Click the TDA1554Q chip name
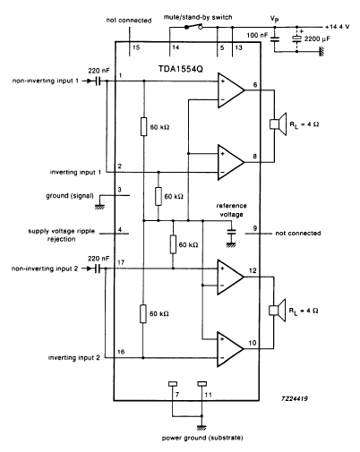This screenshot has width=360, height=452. coord(181,69)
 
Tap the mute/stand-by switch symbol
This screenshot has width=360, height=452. coord(193,27)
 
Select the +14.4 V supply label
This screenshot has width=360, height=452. coord(338,27)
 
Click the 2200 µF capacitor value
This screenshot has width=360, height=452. coord(317,38)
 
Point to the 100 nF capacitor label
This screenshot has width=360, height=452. coord(257,35)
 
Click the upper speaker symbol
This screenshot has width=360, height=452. coord(279,124)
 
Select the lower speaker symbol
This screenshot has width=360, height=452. coord(278,311)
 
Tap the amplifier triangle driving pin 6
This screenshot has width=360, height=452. coord(231,90)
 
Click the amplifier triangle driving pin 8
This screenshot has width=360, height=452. coord(231,162)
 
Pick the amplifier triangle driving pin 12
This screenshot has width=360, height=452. coord(230,277)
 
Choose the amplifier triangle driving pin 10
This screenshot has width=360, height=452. coord(230,349)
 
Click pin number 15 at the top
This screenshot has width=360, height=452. coord(136,47)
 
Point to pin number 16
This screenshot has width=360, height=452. coord(121,352)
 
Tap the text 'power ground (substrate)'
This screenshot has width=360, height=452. coord(202,438)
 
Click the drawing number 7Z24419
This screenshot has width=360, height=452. coord(295,398)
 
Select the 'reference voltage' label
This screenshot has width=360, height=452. coord(231,210)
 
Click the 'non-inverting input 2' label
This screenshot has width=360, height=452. coord(45,269)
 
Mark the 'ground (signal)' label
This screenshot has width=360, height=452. coord(70,196)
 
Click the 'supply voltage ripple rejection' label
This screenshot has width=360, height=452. coord(61,235)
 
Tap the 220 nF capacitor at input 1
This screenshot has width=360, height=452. coord(98,81)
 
